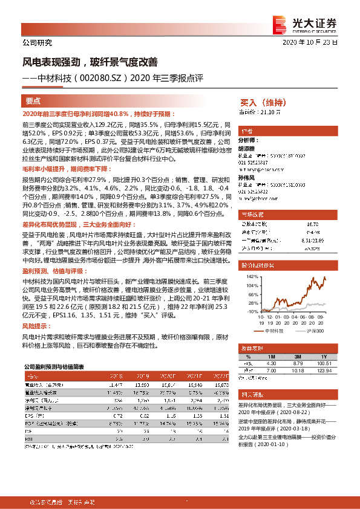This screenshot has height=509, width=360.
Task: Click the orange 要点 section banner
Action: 33,101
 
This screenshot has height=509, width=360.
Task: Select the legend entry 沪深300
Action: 314,332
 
